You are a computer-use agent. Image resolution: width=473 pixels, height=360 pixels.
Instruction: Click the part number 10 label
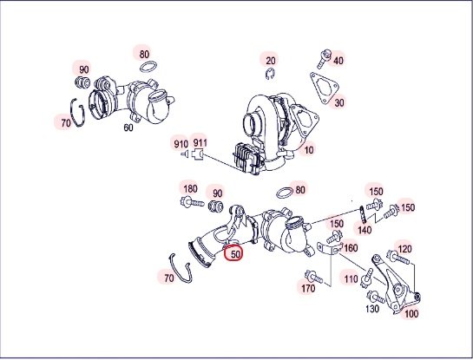coord(308,150)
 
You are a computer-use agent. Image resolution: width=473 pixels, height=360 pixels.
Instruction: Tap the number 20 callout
coord(271,61)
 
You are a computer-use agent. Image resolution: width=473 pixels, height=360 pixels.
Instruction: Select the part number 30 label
coord(339,103)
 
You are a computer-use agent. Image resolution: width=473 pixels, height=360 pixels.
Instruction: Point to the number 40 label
coord(338,61)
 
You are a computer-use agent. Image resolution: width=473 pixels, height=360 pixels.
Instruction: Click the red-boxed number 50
coord(235,254)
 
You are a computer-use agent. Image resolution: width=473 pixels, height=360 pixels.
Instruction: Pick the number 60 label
coord(128,128)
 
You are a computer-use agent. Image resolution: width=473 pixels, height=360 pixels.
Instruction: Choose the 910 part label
coord(181,144)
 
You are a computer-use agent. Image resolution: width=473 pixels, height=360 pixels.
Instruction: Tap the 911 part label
coord(200,142)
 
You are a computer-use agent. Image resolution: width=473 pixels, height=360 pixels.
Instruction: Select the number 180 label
coord(190,189)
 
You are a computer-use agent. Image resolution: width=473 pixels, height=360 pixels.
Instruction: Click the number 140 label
coord(365,231)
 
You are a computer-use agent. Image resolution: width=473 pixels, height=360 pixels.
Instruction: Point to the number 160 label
coord(351,248)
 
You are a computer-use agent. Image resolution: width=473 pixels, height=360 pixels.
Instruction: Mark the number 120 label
coord(404,249)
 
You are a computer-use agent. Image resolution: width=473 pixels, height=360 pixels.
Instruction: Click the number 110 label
coord(351,279)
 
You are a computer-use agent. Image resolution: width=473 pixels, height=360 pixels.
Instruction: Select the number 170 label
coord(308,289)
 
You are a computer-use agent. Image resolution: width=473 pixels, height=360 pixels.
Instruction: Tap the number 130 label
coord(372,309)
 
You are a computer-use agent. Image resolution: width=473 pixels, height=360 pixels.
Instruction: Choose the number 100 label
coord(411,314)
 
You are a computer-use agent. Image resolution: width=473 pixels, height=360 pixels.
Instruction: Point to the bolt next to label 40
coord(324,59)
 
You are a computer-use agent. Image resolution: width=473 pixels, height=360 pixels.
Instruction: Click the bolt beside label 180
coord(192,202)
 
